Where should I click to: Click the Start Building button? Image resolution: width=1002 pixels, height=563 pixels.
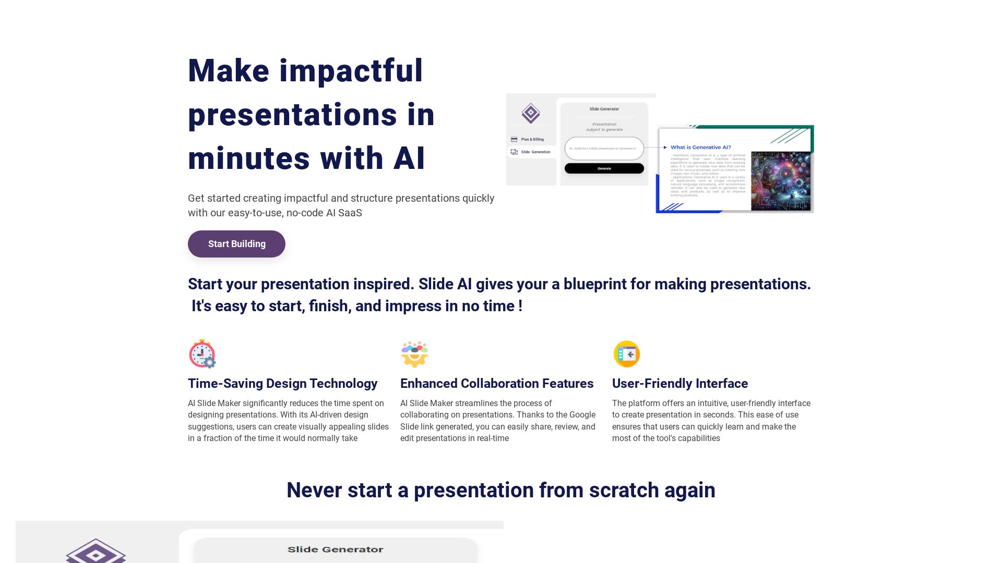[236, 244]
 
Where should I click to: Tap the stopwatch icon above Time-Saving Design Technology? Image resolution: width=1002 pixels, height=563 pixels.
[202, 354]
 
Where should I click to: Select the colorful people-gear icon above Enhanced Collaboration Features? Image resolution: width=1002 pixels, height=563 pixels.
[414, 354]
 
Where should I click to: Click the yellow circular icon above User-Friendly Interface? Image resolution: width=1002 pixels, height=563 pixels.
[626, 354]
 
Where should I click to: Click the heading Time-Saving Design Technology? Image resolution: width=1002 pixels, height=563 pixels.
[282, 384]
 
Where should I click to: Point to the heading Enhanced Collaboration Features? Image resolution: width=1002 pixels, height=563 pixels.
[496, 384]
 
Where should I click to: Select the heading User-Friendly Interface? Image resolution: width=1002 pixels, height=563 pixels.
[679, 384]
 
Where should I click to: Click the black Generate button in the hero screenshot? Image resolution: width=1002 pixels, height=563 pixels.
[604, 168]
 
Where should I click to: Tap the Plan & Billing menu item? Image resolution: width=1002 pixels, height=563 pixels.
[532, 139]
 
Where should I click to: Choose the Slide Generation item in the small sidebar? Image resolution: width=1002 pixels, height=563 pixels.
[535, 152]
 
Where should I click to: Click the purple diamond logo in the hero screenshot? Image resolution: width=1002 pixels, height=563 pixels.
[530, 113]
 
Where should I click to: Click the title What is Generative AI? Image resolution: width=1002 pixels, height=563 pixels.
[700, 147]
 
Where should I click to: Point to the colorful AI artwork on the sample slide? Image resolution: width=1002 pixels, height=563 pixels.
[780, 180]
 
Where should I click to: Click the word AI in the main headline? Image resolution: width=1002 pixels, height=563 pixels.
[409, 158]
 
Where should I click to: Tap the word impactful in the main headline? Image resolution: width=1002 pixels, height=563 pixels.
[351, 71]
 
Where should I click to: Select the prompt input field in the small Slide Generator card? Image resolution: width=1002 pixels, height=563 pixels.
[604, 149]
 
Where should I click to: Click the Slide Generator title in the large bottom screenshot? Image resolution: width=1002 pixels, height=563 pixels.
[335, 549]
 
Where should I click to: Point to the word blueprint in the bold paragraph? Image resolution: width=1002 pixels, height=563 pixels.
[594, 284]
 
